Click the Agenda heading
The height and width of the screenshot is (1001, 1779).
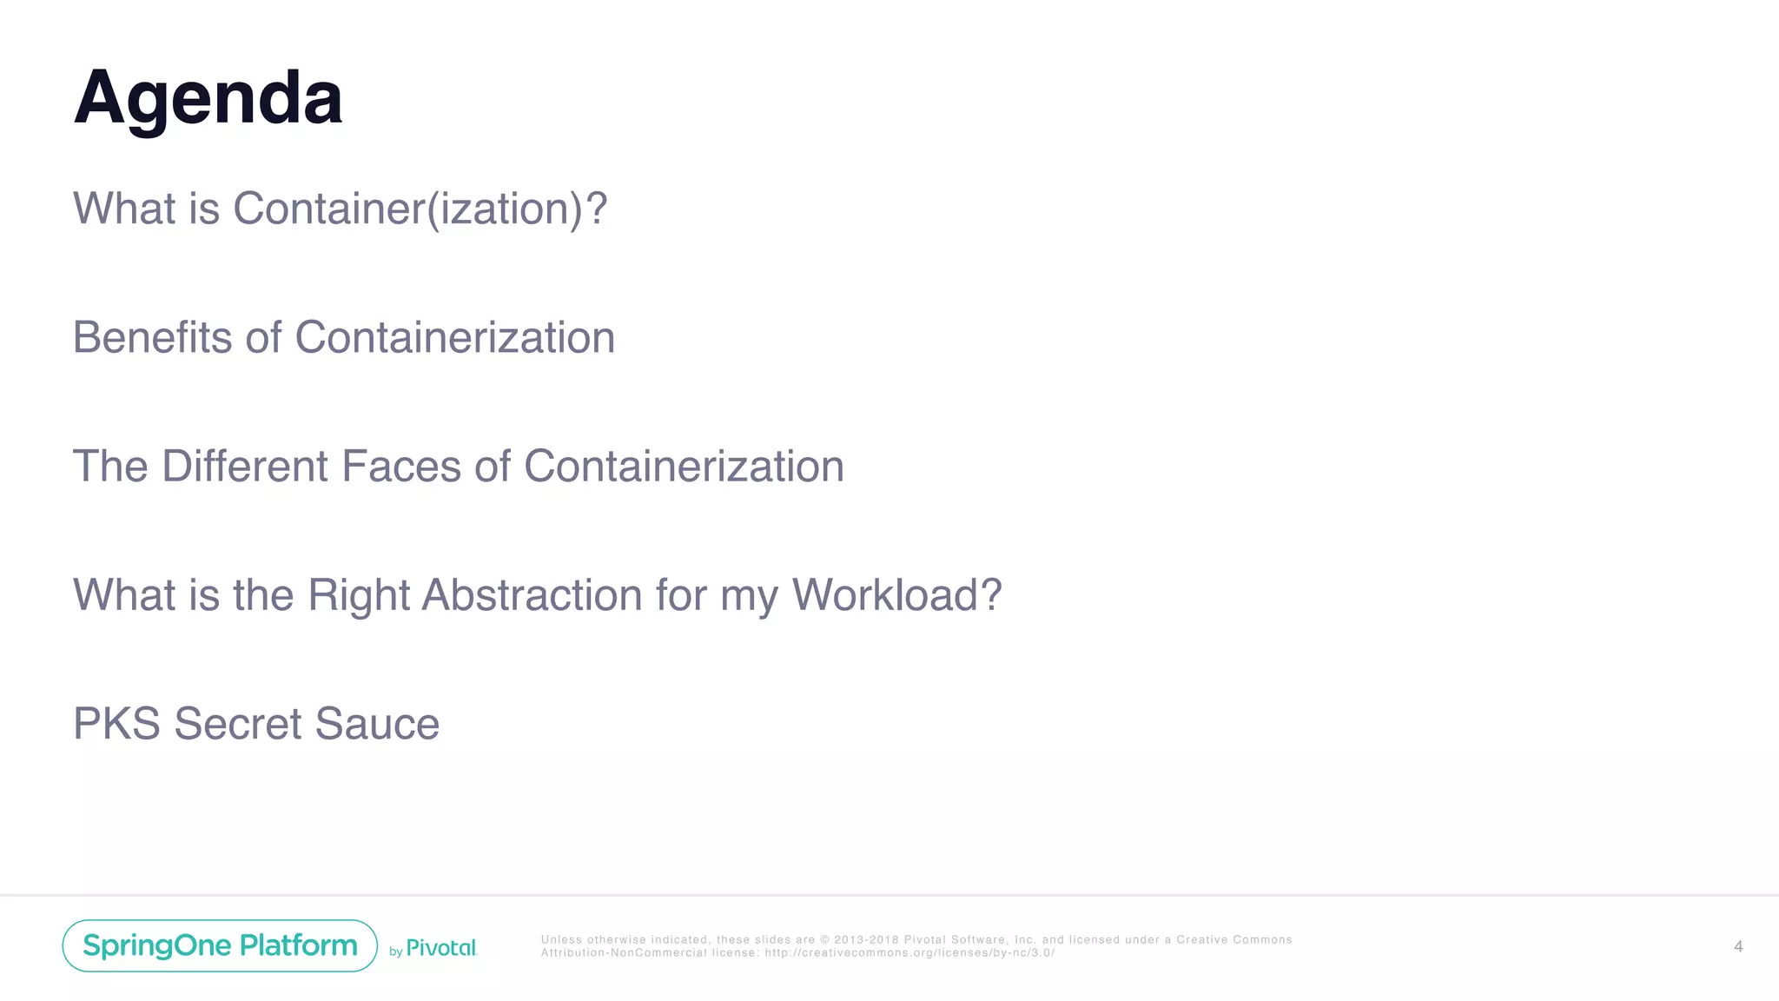tap(208, 98)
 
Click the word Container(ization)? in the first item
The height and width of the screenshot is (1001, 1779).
tap(420, 209)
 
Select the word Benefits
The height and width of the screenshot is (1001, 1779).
tap(152, 337)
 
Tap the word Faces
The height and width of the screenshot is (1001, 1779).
tap(401, 467)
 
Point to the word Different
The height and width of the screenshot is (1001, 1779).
tap(245, 467)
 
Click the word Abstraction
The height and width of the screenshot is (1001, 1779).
tap(532, 595)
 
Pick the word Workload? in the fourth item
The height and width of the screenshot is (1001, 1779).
tap(896, 595)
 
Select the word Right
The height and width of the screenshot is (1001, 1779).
tap(358, 597)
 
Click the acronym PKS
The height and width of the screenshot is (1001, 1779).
tap(116, 724)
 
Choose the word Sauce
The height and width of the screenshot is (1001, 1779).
tap(377, 724)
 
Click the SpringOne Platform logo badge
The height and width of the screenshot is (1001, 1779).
tap(220, 945)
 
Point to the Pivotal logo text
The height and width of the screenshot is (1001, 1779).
tap(441, 948)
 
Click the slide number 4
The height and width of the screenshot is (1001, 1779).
tap(1737, 946)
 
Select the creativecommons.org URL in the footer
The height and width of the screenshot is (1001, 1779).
tap(909, 953)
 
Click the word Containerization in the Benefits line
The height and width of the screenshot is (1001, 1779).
tap(454, 337)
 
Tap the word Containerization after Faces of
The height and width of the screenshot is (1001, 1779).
tap(684, 467)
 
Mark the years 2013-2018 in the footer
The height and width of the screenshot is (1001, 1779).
tap(866, 940)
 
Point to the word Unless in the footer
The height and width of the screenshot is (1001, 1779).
tap(561, 940)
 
